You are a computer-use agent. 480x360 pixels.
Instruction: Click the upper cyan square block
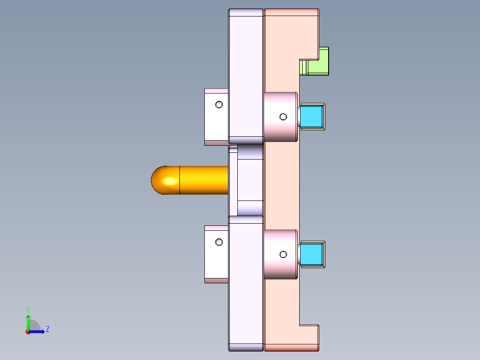pyautogui.click(x=312, y=117)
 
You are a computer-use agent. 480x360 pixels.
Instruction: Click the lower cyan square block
pyautogui.click(x=312, y=254)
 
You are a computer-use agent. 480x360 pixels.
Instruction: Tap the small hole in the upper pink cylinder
pyautogui.click(x=283, y=117)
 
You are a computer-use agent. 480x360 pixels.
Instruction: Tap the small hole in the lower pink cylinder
pyautogui.click(x=283, y=254)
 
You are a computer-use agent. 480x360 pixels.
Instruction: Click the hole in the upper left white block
pyautogui.click(x=219, y=105)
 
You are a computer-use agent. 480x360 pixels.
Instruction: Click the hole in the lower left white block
pyautogui.click(x=219, y=242)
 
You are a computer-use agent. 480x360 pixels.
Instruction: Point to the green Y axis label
pyautogui.click(x=28, y=309)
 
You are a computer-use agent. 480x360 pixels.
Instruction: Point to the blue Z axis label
pyautogui.click(x=47, y=329)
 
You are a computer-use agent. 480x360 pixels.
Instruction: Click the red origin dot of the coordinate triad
pyautogui.click(x=28, y=332)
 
